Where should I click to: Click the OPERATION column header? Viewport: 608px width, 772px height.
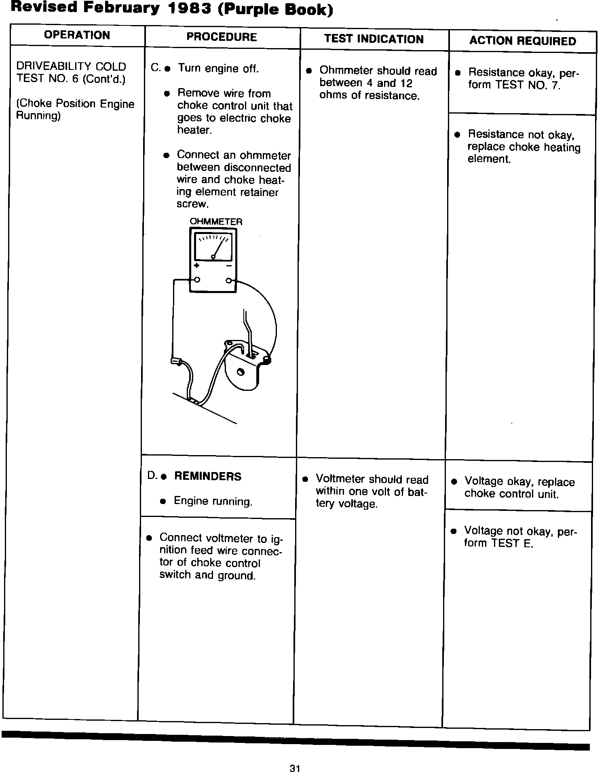click(x=77, y=35)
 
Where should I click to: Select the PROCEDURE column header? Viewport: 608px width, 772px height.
click(x=222, y=37)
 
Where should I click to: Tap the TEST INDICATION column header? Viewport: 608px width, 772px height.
click(x=374, y=39)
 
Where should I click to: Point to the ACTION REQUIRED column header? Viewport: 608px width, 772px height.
click(x=523, y=41)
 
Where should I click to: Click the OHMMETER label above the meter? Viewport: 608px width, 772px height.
click(x=216, y=221)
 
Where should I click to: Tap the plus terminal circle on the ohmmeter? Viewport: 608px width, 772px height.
click(x=197, y=280)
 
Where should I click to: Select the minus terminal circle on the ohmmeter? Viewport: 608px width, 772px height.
click(x=229, y=280)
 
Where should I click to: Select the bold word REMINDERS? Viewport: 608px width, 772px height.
click(x=208, y=477)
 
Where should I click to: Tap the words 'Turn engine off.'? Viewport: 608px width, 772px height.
click(x=218, y=68)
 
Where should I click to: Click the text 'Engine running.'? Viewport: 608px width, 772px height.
click(x=213, y=502)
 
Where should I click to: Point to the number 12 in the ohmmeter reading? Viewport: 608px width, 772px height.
click(x=405, y=83)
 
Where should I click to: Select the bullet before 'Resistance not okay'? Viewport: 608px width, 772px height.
click(x=457, y=134)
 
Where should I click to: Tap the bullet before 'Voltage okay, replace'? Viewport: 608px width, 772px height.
click(x=454, y=481)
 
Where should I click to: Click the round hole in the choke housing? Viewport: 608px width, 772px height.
click(x=241, y=372)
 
